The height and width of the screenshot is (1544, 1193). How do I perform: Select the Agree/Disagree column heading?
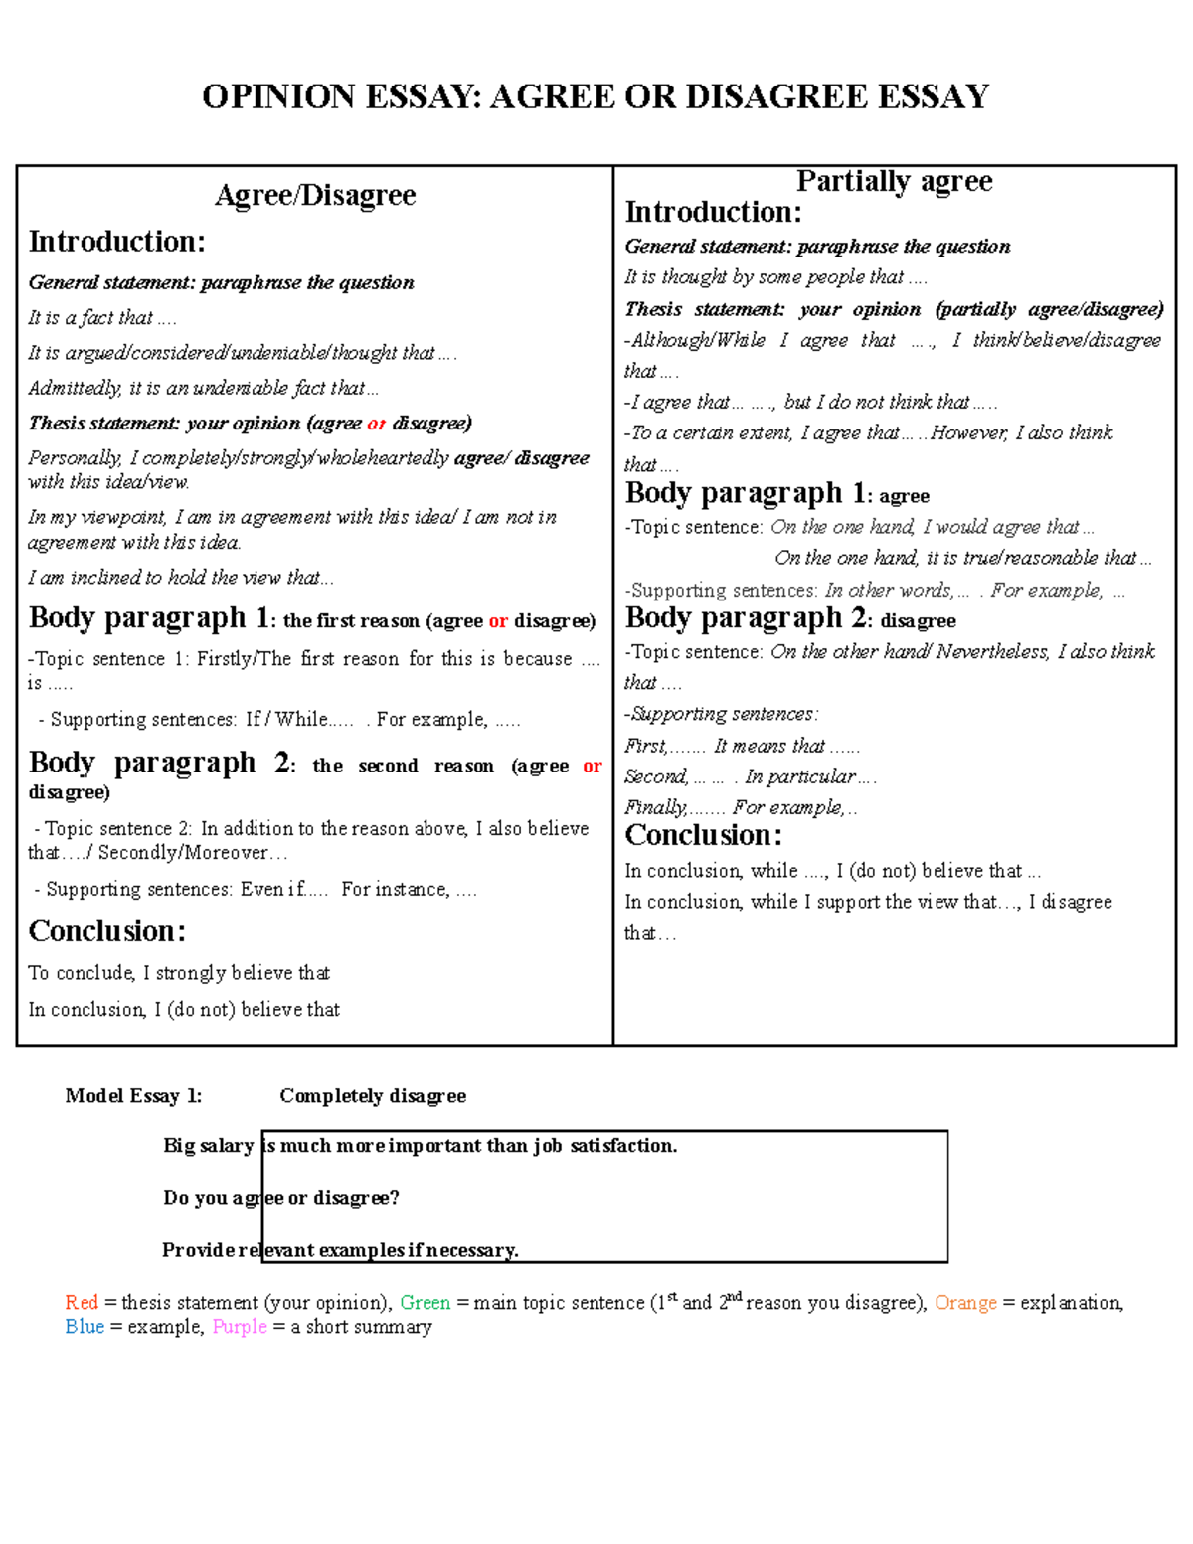click(315, 195)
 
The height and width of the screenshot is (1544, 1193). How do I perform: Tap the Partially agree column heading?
click(894, 181)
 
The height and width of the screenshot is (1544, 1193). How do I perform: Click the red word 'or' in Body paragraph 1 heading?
click(498, 621)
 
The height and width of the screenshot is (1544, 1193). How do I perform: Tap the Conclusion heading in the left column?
click(107, 931)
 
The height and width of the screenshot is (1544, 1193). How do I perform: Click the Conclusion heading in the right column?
click(703, 835)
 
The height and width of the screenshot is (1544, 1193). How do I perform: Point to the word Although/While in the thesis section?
click(699, 340)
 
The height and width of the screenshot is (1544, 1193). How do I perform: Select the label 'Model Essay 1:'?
click(133, 1096)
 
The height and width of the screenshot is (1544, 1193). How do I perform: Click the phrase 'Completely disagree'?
click(373, 1096)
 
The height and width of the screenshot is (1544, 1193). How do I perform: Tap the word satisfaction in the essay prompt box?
click(623, 1146)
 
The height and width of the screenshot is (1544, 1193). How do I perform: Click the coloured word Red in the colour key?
click(82, 1303)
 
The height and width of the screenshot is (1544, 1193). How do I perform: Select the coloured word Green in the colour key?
click(426, 1303)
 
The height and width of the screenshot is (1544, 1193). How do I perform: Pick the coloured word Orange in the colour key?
click(965, 1303)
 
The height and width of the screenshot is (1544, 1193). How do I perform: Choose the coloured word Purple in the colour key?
click(240, 1327)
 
